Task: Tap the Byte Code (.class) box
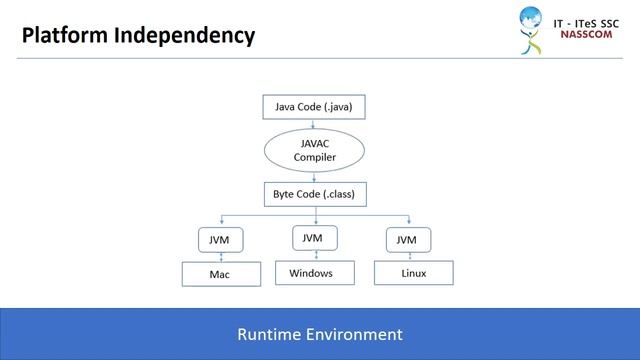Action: click(315, 193)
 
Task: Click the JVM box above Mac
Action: click(219, 241)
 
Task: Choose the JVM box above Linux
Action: click(406, 241)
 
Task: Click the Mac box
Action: click(220, 273)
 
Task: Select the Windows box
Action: click(311, 272)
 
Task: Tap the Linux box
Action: click(412, 272)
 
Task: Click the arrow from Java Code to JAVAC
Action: click(315, 124)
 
